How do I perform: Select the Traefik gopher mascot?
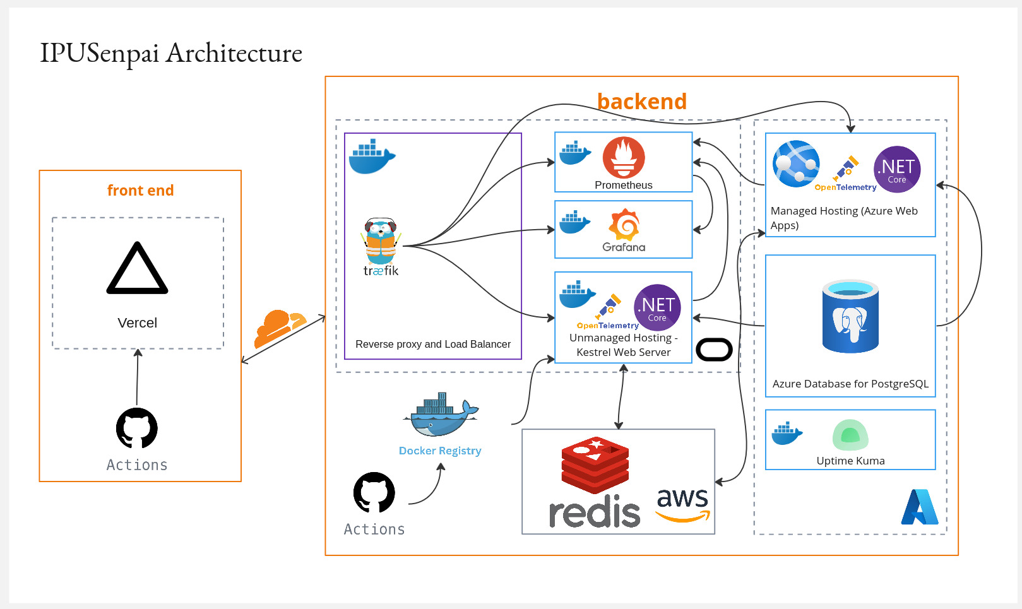380,242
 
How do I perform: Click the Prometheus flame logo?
624,158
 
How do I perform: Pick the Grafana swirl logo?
624,225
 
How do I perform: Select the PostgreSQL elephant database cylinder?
850,316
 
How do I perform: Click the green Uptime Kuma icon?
850,435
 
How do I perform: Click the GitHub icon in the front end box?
137,429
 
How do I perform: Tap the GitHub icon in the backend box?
374,493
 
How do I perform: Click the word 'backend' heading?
641,102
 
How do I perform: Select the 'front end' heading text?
140,191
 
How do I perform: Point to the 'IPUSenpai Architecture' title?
171,53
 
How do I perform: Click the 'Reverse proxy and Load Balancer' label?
433,344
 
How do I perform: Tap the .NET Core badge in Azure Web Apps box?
897,169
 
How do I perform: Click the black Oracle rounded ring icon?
714,350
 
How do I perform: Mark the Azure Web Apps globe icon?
796,164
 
